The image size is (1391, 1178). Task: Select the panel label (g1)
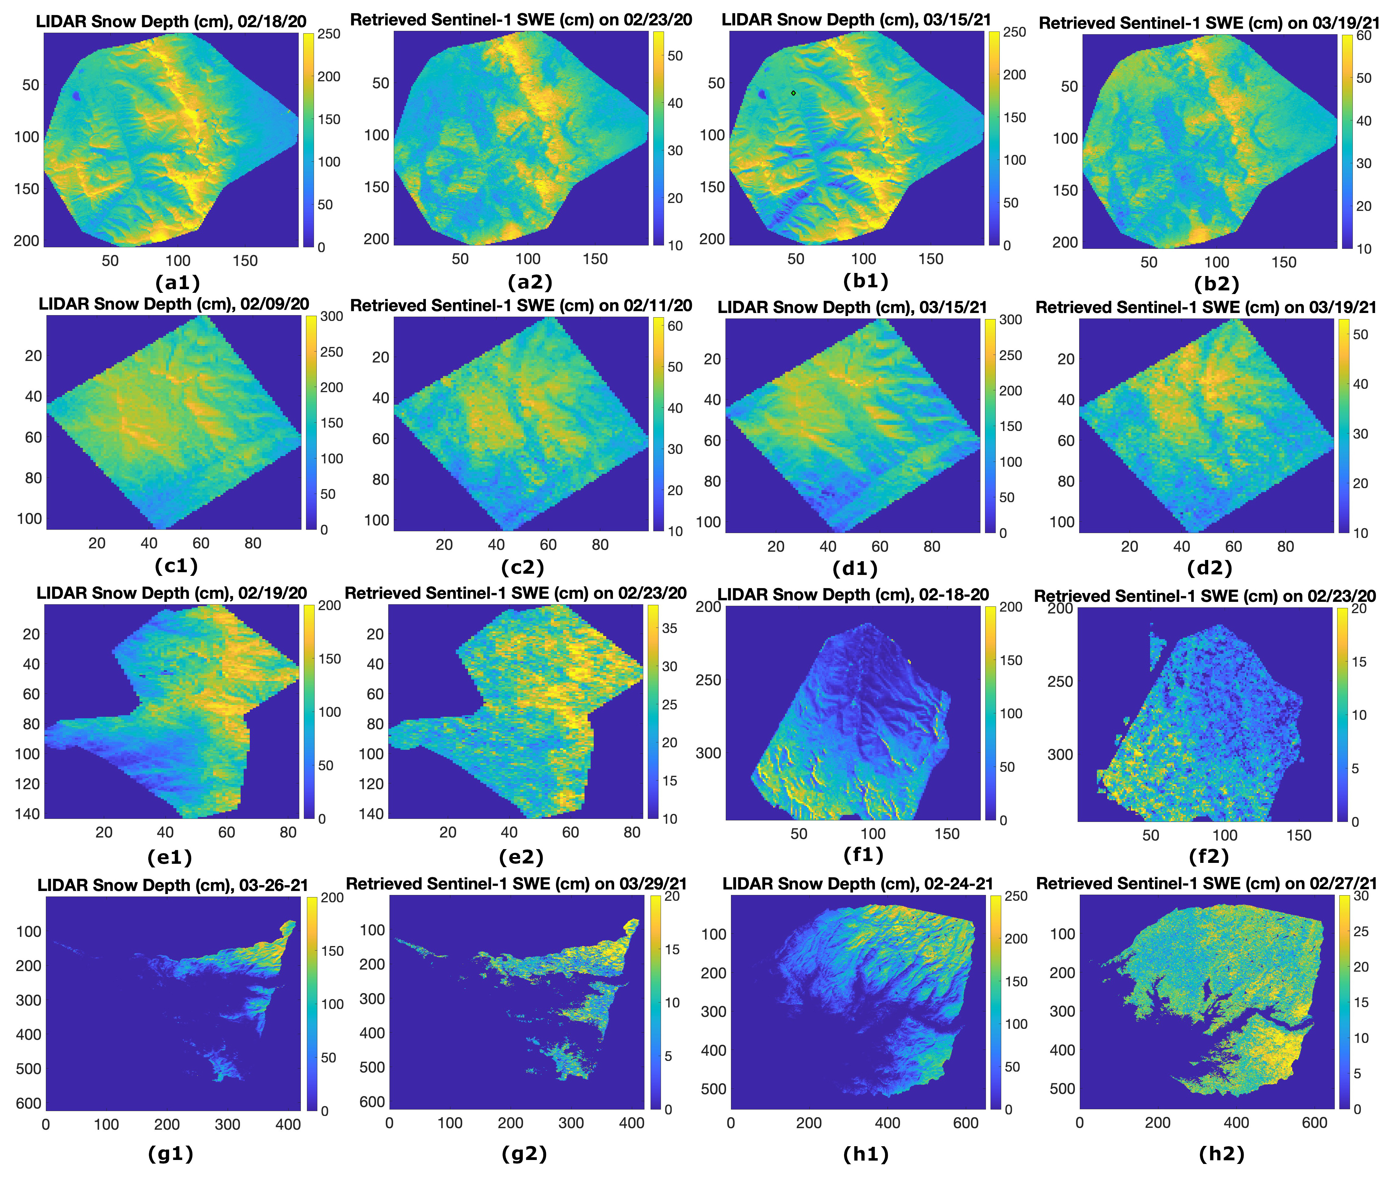pos(171,1153)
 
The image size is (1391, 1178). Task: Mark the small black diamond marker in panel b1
pos(793,93)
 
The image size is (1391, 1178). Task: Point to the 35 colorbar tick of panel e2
pos(669,628)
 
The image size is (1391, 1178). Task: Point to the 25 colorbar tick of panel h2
pos(1361,931)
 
